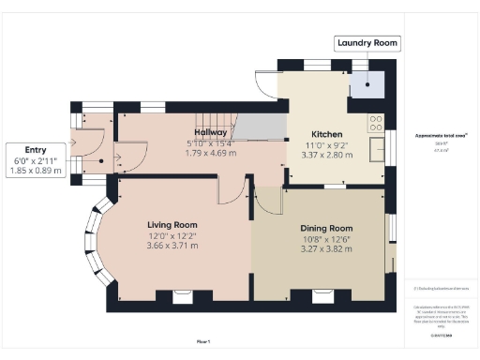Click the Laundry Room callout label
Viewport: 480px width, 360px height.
coord(367,43)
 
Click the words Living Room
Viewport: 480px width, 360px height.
coord(172,225)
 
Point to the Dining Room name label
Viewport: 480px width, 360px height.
coord(325,228)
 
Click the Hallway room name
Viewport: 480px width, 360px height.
coord(211,132)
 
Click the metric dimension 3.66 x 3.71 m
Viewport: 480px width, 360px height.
coord(172,246)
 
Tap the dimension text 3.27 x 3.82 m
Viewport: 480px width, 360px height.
coord(325,249)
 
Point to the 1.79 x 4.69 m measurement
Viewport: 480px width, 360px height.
coord(211,153)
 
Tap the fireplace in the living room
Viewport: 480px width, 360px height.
coord(182,297)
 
